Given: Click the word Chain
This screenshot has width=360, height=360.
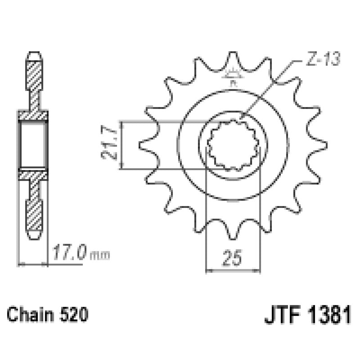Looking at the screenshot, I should [x=31, y=314].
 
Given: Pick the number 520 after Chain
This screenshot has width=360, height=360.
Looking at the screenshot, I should [x=71, y=314].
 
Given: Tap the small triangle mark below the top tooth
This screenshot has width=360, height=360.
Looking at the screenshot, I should [x=232, y=74].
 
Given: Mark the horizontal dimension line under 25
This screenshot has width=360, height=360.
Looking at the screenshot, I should [x=233, y=271].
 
